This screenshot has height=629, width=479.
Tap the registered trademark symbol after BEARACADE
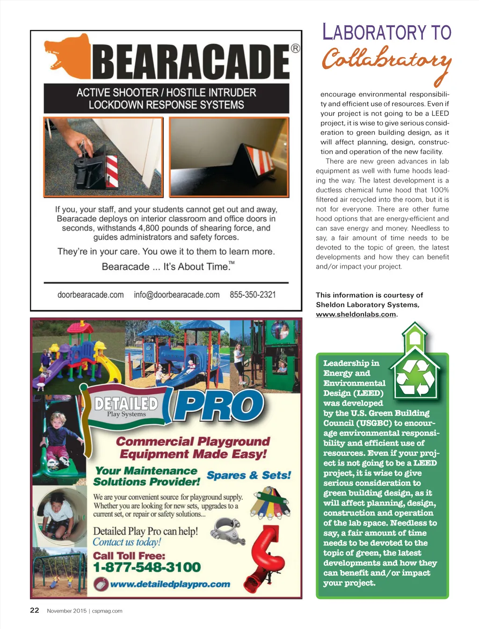[295, 48]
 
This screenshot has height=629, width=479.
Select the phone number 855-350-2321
[253, 295]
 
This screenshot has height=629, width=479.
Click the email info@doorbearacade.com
[176, 295]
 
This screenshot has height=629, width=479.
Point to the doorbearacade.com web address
[90, 295]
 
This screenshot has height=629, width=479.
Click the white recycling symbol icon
[415, 378]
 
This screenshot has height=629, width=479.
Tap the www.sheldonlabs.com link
[356, 314]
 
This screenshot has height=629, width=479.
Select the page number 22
[35, 610]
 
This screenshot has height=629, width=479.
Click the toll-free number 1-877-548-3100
[147, 568]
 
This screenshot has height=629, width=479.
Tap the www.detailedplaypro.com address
[170, 584]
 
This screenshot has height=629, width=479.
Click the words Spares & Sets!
[249, 475]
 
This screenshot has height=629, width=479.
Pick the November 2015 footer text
[66, 611]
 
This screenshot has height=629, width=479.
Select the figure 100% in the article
[439, 190]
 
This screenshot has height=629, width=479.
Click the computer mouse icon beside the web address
[101, 584]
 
